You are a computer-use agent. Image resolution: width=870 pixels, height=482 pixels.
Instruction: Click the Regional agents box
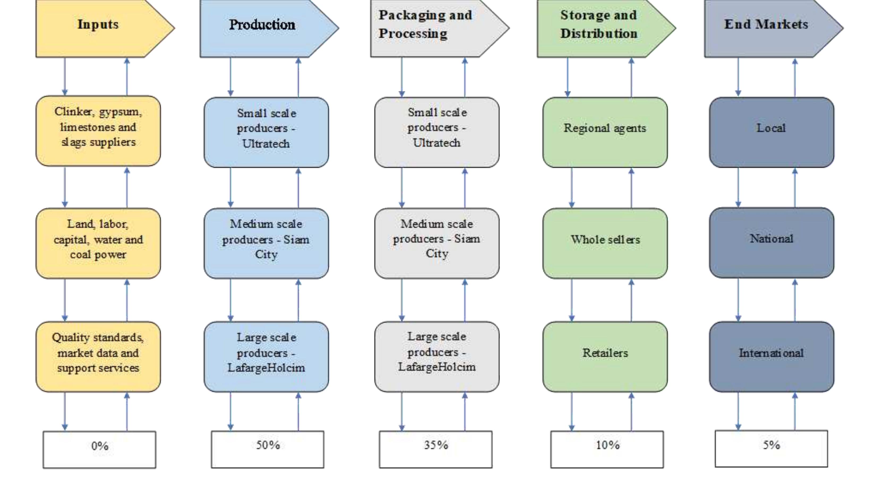pos(605,132)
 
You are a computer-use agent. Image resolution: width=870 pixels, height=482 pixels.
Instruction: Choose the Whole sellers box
pos(605,243)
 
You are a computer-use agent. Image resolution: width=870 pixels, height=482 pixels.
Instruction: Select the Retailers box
pos(605,356)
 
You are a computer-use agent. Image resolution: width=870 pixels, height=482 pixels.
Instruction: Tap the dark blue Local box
pos(772,132)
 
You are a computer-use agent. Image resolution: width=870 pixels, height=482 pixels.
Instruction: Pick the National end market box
pos(772,242)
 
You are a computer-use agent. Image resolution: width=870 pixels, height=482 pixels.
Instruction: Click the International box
pos(772,356)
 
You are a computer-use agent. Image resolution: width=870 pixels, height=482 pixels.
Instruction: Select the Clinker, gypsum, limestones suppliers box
pos(98,130)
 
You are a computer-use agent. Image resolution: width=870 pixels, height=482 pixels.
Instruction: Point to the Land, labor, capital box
pos(98,243)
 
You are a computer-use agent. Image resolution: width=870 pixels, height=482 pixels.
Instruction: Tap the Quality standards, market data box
pos(98,356)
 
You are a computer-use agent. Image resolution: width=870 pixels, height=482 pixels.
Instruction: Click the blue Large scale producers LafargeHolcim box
pos(266,356)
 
